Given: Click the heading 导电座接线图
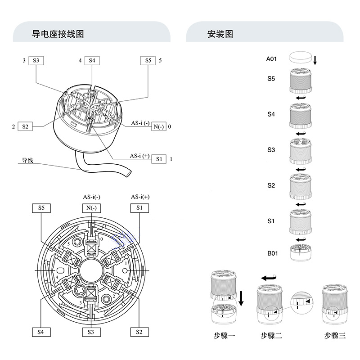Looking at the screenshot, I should [58, 34].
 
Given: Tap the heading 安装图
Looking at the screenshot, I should [220, 34].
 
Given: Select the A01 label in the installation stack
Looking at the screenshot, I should [271, 59].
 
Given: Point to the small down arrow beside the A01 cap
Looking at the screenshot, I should [315, 60].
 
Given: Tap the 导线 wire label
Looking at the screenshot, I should [28, 160].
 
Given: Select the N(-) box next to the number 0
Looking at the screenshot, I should [158, 126].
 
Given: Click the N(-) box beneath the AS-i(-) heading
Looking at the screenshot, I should [92, 208].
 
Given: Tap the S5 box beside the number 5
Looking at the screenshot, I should [148, 60].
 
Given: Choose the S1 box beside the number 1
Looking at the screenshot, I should [158, 159].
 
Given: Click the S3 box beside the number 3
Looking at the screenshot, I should [36, 60].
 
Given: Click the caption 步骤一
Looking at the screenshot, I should [224, 335].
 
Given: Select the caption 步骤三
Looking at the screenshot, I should [335, 335].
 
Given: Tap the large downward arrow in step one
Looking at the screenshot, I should [242, 298].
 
